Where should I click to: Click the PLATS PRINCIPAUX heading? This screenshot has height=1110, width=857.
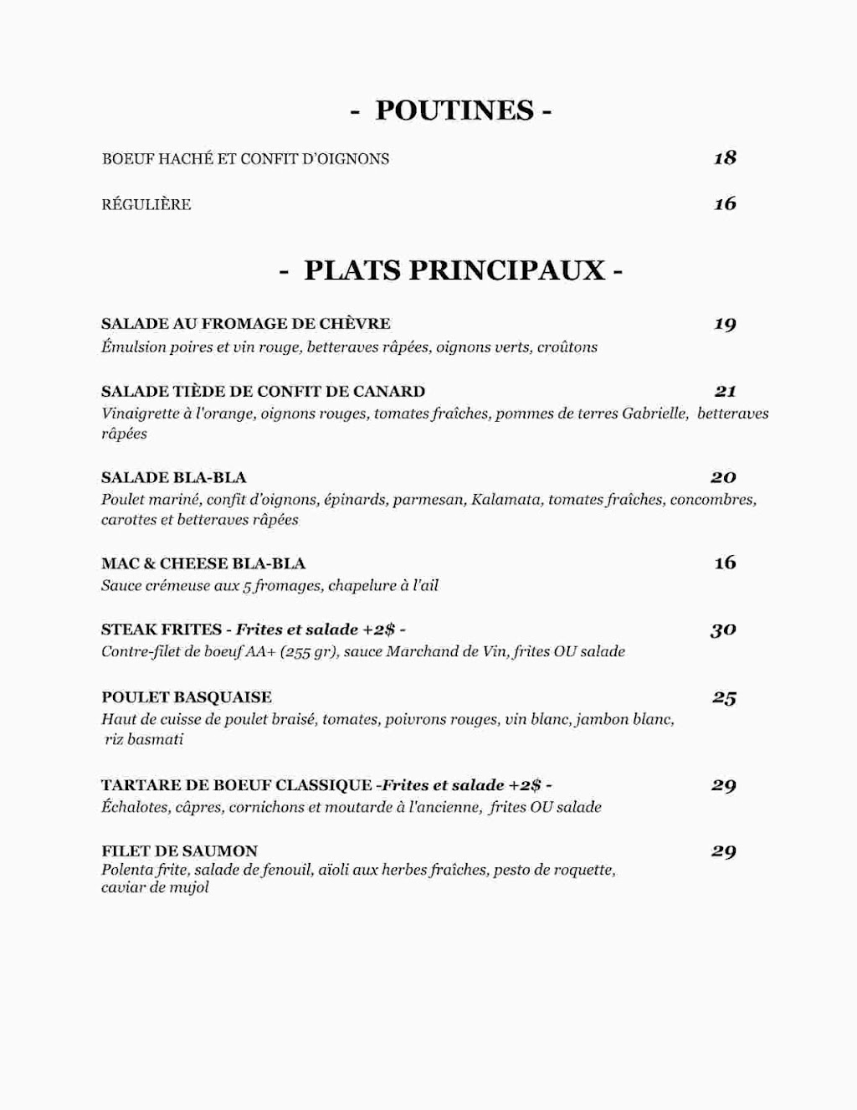point(452,270)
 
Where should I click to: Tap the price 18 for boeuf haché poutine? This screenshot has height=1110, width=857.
point(725,157)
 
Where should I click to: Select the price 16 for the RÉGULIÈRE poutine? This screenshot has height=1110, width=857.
point(725,203)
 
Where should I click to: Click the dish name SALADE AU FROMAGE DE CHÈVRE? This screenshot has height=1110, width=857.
point(245,324)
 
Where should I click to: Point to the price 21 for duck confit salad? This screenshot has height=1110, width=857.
point(725,391)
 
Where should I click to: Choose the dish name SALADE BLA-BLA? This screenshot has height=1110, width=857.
point(173,478)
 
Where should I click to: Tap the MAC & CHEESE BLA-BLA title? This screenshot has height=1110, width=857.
point(203,563)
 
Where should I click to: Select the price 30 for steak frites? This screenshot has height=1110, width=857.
point(723,630)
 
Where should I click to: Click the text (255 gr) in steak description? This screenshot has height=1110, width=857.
point(308,651)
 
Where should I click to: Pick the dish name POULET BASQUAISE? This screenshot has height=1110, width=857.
point(186,697)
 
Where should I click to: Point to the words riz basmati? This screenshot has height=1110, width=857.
point(143,739)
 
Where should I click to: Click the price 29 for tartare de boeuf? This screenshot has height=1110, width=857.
point(723,785)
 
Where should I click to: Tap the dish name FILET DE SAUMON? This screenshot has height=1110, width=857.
point(179,851)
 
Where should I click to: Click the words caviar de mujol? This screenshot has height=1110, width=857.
point(155,887)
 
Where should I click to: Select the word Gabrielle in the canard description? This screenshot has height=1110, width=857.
point(655,414)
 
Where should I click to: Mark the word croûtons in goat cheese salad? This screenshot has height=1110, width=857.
point(567,347)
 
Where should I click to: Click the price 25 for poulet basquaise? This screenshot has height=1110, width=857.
point(724,697)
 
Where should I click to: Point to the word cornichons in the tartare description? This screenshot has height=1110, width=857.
point(266,808)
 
